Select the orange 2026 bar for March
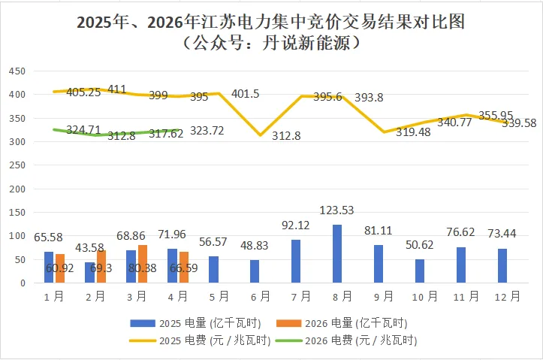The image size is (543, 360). pyautogui.click(x=142, y=264)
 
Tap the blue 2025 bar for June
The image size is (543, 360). pyautogui.click(x=255, y=271)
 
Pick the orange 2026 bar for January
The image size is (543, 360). pyautogui.click(x=60, y=268)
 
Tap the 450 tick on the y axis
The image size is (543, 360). pyautogui.click(x=17, y=71)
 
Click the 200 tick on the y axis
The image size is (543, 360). pyautogui.click(x=17, y=189)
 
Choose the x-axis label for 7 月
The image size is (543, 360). pyautogui.click(x=296, y=297)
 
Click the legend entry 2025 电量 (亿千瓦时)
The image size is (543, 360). pyautogui.click(x=196, y=323)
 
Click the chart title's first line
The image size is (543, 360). pyautogui.click(x=271, y=22)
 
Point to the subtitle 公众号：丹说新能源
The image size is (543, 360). pyautogui.click(x=271, y=43)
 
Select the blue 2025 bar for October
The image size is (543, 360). pyautogui.click(x=420, y=271)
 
